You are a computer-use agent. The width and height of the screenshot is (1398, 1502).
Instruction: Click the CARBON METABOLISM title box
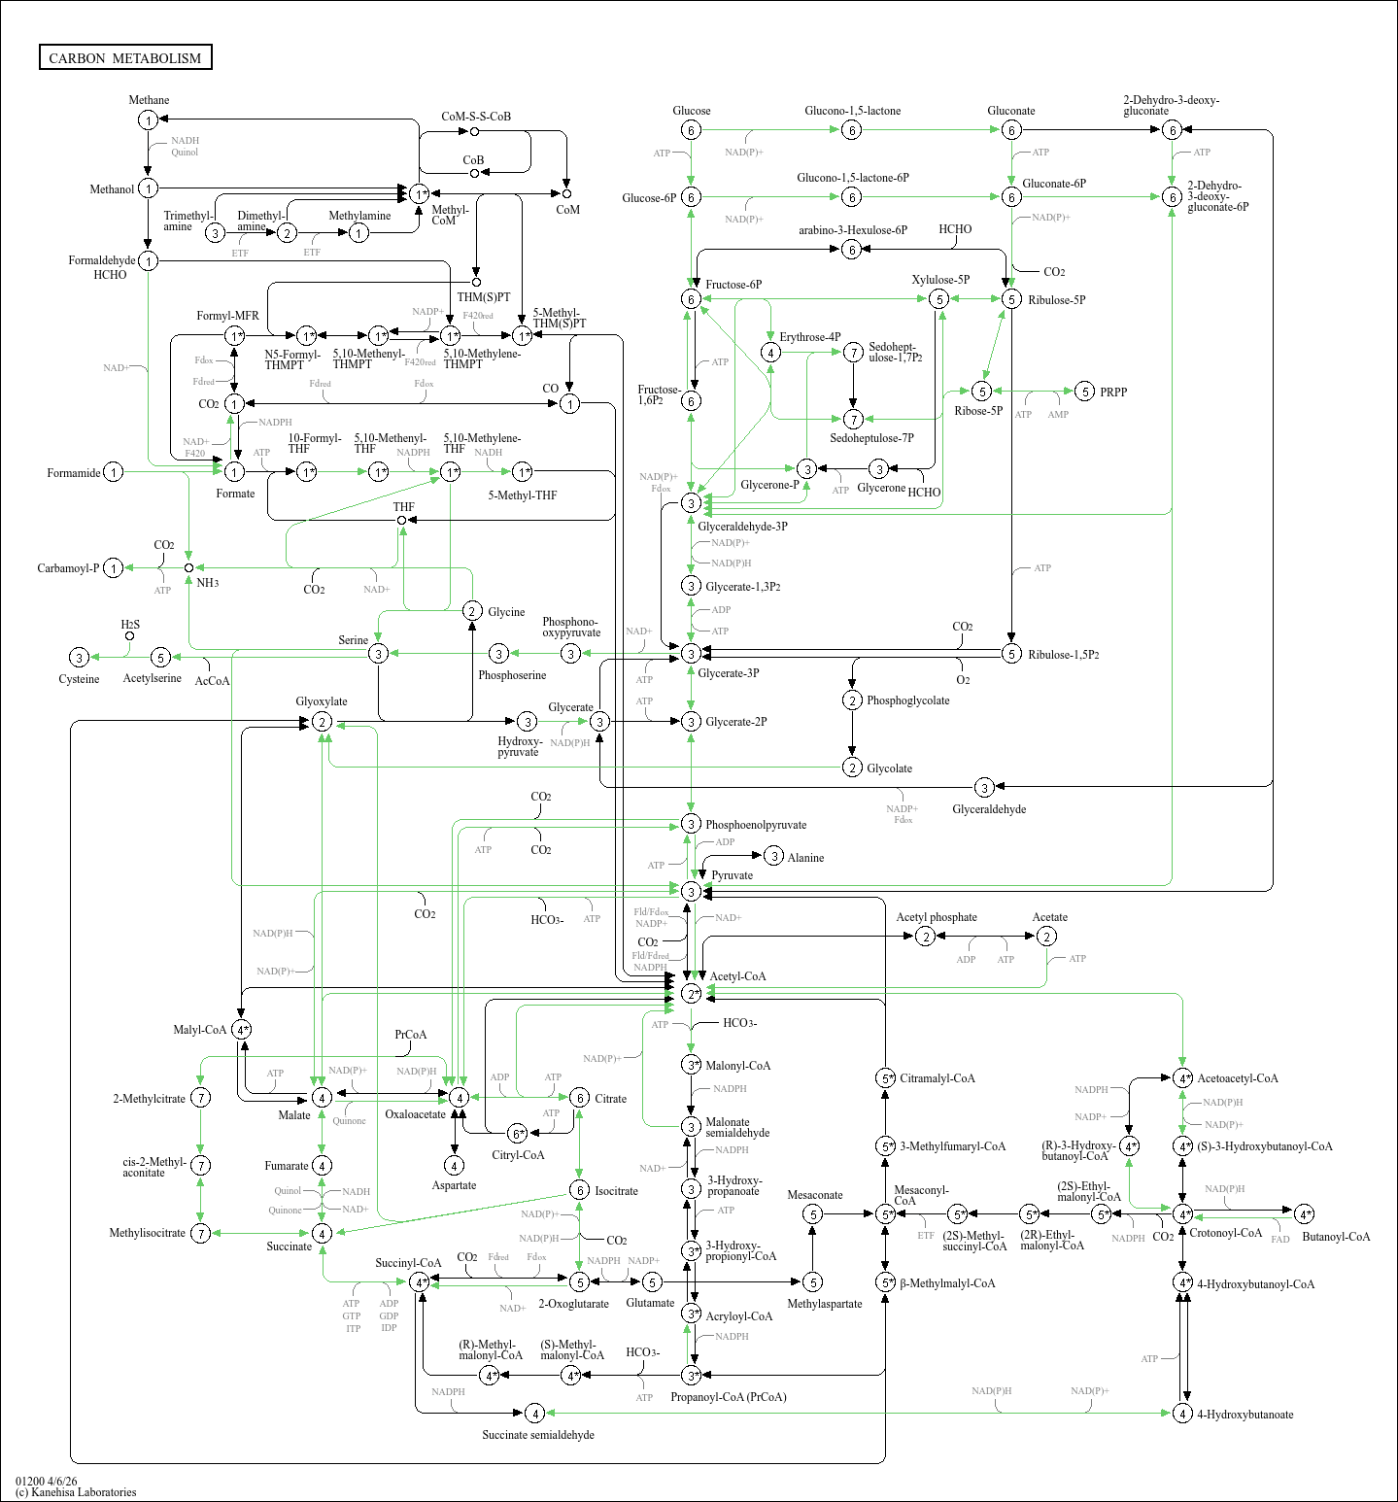click(x=125, y=57)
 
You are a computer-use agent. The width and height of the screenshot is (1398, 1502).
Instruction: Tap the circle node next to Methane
click(x=148, y=119)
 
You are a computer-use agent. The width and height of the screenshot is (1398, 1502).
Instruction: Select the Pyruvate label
click(x=732, y=875)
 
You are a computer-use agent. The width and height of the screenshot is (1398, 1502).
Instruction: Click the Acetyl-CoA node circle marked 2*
click(x=691, y=993)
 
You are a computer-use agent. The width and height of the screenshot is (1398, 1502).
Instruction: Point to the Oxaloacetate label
click(x=415, y=1114)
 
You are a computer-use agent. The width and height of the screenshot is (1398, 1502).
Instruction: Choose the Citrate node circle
click(x=579, y=1098)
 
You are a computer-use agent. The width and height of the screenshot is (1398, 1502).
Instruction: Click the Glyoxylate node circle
click(x=322, y=722)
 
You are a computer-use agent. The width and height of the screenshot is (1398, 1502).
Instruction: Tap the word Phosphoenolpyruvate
click(x=756, y=825)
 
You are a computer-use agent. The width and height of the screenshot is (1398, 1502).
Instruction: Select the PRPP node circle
click(x=1085, y=392)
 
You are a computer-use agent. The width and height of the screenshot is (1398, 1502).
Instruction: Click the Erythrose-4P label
click(x=810, y=337)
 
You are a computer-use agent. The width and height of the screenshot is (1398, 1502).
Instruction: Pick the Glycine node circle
click(x=472, y=610)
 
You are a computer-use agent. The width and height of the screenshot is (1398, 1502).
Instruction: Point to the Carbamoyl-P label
click(x=68, y=568)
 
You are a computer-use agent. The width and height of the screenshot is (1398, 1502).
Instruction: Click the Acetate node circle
click(x=1046, y=936)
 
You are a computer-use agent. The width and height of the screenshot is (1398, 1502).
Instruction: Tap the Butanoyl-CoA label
click(x=1336, y=1237)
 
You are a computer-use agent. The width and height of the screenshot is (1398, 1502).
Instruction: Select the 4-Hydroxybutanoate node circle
click(x=1182, y=1413)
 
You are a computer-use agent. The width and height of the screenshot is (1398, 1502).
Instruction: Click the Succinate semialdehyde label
click(x=538, y=1435)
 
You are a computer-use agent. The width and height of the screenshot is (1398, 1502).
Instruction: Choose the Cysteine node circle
click(x=80, y=658)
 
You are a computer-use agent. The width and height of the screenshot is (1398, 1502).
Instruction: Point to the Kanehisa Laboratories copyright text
click(x=76, y=1492)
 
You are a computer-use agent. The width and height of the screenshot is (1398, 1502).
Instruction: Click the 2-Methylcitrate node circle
click(x=200, y=1098)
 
